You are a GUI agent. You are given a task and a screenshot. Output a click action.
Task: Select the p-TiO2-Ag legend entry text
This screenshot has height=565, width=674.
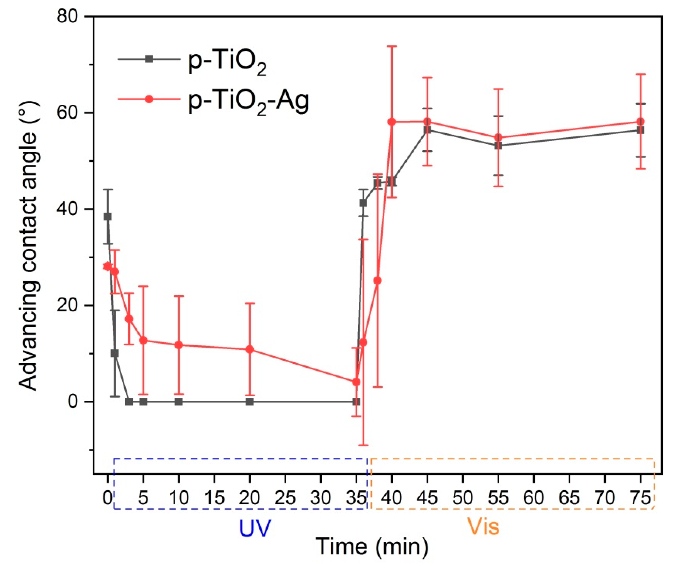248,102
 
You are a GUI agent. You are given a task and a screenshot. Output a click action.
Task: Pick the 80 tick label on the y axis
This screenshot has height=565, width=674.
68,17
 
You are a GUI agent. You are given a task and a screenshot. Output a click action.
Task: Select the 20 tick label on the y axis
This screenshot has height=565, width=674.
68,305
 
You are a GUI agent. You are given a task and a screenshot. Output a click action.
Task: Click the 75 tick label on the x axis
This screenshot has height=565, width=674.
640,498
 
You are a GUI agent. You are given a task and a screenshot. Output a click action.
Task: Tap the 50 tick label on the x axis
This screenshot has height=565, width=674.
462,498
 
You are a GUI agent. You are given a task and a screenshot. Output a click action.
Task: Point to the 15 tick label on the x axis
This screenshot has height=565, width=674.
214,498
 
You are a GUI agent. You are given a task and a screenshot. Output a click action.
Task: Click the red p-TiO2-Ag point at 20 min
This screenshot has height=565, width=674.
250,349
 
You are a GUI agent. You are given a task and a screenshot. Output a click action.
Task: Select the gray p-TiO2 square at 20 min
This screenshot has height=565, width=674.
250,401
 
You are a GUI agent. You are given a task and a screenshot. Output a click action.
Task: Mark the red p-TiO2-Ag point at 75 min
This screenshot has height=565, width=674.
640,122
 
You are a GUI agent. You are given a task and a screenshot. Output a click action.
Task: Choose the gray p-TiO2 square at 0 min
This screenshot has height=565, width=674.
108,217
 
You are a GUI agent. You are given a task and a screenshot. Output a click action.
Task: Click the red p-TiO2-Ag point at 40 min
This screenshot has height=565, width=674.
392,122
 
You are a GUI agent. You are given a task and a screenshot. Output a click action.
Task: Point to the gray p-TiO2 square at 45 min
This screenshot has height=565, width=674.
427,130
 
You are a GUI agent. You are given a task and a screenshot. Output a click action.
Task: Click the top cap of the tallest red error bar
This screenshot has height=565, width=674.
392,46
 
